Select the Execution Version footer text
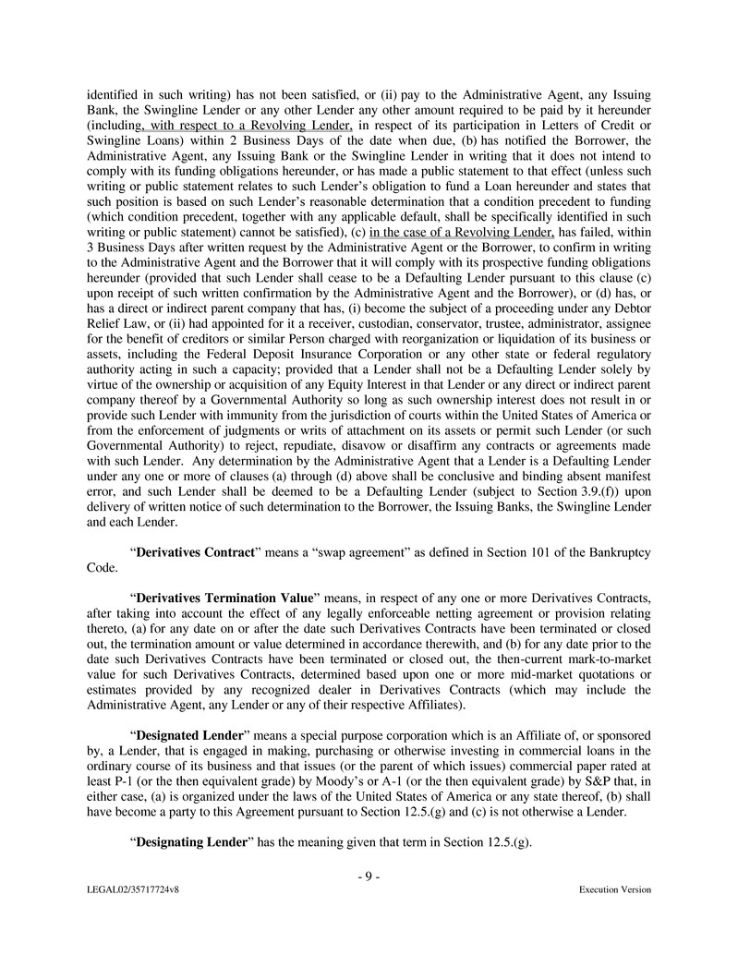[614, 889]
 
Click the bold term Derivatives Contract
[195, 551]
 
